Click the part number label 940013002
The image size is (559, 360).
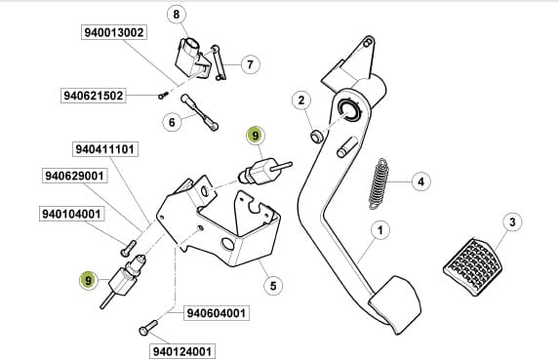click(x=114, y=32)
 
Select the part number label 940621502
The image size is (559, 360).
click(x=93, y=96)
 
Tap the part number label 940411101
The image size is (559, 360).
click(x=105, y=149)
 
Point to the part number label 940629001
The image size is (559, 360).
click(x=74, y=176)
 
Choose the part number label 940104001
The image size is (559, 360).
click(x=71, y=214)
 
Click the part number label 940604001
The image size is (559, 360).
click(x=217, y=313)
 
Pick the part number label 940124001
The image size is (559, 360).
click(x=182, y=351)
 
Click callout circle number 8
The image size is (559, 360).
click(x=177, y=15)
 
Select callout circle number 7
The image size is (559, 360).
click(x=251, y=64)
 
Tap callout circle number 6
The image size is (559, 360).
click(x=172, y=122)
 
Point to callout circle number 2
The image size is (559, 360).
click(x=301, y=100)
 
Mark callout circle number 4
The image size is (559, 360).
click(x=421, y=181)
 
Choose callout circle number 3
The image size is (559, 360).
click(x=512, y=222)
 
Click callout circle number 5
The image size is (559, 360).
click(x=273, y=286)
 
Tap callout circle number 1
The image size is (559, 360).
click(x=380, y=230)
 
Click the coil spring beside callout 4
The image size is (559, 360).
click(x=379, y=183)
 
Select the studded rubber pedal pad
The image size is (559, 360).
click(x=473, y=266)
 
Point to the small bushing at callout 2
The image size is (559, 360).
click(x=317, y=137)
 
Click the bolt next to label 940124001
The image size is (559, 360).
click(x=148, y=327)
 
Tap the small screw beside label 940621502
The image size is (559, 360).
click(x=163, y=96)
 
